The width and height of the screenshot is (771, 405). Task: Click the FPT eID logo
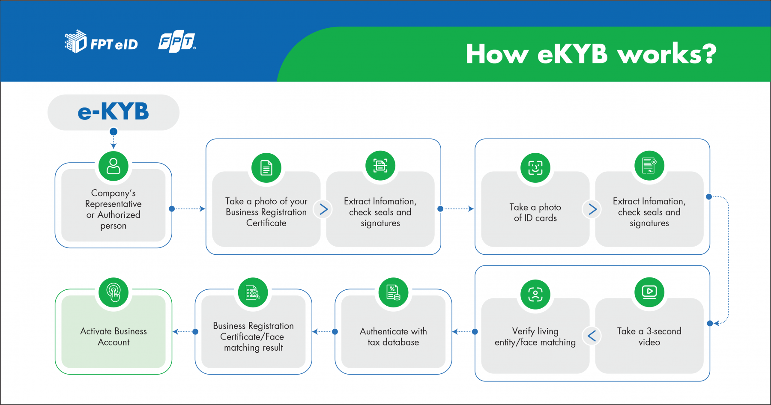[x=102, y=42]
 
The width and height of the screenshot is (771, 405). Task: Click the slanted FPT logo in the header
[x=177, y=42]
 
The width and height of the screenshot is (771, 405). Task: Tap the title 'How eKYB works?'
[x=591, y=54]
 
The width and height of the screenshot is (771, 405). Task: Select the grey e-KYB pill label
[x=114, y=112]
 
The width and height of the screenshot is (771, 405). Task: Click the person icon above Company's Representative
[x=114, y=166]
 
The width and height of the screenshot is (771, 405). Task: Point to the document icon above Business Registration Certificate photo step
[x=266, y=167]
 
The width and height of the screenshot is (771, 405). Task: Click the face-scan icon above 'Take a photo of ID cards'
[x=535, y=167]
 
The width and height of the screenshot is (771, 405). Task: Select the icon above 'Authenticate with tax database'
[x=394, y=292]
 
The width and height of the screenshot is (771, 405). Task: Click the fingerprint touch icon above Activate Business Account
[x=114, y=292]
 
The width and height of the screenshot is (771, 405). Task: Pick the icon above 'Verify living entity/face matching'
[x=535, y=294]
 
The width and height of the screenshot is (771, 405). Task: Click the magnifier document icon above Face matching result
[x=253, y=292]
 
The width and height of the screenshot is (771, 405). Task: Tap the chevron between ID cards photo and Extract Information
[x=592, y=209]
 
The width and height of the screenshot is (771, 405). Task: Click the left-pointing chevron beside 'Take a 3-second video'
[x=592, y=336]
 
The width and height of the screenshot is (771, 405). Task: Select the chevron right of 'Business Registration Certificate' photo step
[x=323, y=209]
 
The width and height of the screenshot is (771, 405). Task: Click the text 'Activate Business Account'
[x=114, y=337]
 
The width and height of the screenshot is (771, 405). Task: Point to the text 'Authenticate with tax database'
[x=394, y=337]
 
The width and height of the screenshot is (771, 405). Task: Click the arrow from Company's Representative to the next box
[x=188, y=209]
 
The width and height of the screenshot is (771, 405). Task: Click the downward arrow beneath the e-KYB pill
[x=114, y=138]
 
